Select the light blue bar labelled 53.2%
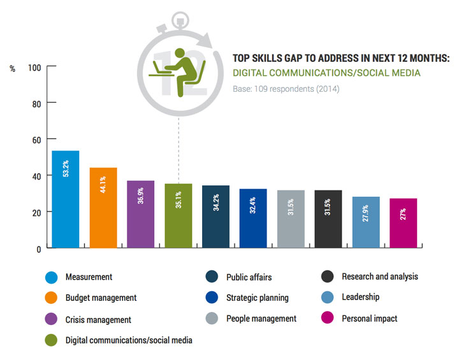pos(65,199)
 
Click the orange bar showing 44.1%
pos(103,208)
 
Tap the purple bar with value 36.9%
pos(140,214)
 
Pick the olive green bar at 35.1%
pos(178,215)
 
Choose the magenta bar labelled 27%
pos(403,223)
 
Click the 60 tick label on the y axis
pos(36,140)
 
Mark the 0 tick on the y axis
pos(39,248)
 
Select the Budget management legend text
pos(101,298)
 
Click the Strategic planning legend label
pos(258,298)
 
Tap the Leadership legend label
pos(361,297)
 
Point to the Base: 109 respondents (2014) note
pos(286,89)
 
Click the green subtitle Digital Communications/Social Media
pos(326,73)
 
